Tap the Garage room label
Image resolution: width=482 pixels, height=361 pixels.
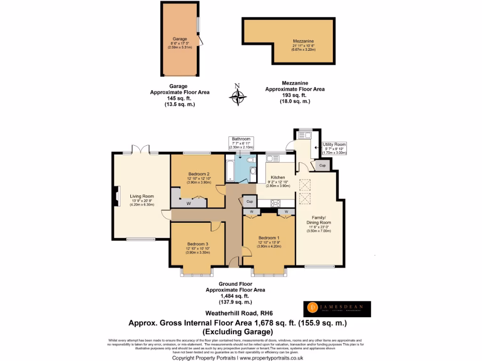179,39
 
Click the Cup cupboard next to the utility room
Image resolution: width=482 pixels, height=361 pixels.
322,165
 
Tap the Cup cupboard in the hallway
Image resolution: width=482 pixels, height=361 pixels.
249,202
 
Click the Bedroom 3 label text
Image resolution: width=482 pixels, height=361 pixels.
198,243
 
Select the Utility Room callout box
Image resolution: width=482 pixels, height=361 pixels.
334,149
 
